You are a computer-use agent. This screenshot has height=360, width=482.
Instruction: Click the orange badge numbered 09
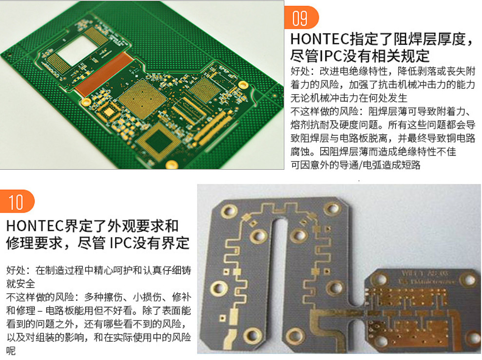301,18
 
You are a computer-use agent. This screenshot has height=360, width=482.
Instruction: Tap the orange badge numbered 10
17,201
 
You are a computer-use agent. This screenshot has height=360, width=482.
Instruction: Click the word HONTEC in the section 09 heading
320,40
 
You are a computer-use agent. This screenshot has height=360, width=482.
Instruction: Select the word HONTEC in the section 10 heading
35,226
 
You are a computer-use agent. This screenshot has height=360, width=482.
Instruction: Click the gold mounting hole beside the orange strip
86,102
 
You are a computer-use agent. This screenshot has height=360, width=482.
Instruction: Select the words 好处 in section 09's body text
300,71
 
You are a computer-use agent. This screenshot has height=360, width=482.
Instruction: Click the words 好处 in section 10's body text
16,270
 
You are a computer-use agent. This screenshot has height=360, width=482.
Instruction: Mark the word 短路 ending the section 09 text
410,165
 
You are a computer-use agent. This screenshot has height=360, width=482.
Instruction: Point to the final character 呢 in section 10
11,351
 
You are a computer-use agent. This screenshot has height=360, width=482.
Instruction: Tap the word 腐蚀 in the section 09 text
300,152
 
